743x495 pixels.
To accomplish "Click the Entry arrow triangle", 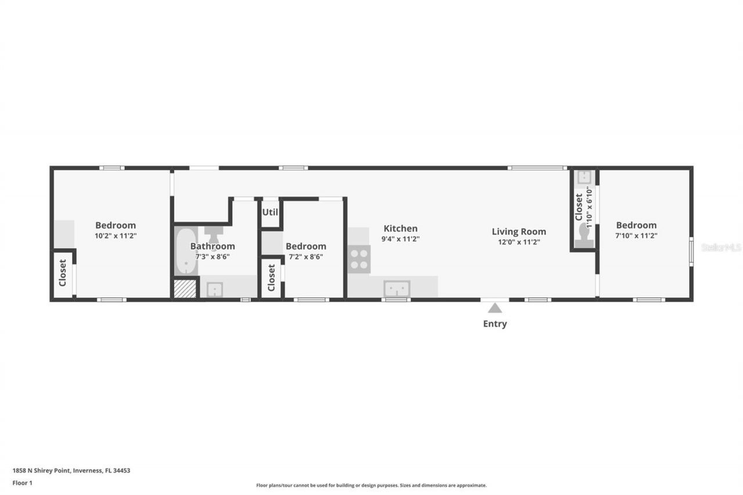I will point(495,308).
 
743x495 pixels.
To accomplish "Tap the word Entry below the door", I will point(495,324).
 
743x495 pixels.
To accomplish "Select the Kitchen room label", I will point(401,229).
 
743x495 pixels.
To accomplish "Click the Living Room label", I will point(519,232).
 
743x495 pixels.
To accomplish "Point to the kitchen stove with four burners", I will point(359,259).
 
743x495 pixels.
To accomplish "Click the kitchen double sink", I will point(396,288).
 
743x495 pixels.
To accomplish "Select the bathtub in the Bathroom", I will point(186,251).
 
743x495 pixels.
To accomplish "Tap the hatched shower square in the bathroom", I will point(186,289).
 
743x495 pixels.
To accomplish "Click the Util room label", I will point(270,212).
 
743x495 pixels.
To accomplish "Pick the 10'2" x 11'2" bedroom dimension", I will point(116,236).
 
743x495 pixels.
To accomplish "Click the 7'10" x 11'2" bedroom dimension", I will point(636,236).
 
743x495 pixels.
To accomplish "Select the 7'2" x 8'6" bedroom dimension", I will point(305,256).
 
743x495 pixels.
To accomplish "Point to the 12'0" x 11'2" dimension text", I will point(518,242).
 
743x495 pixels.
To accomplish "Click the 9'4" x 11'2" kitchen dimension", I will point(401,239).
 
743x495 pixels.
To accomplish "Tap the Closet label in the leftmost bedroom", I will point(63,273).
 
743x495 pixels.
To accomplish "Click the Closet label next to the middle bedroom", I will point(271,278).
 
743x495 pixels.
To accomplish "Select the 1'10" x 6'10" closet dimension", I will point(589,206).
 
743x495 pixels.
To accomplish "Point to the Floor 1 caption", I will point(23,483).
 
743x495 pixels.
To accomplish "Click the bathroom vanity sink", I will point(215,289).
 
